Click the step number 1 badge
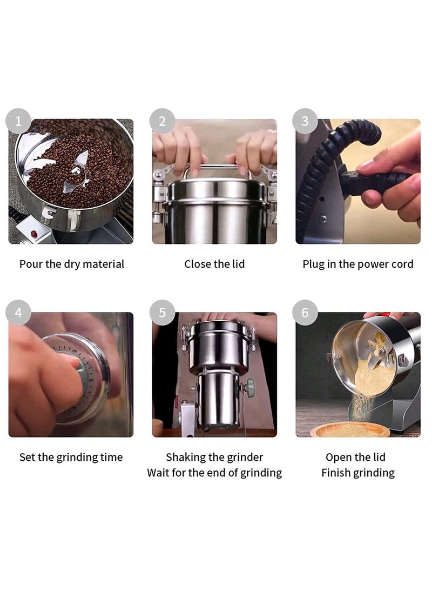click(x=18, y=121)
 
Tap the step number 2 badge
click(x=162, y=121)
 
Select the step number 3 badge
click(x=305, y=121)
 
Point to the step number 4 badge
click(x=18, y=313)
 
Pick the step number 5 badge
click(x=162, y=313)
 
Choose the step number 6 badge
click(x=305, y=313)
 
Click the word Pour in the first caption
click(x=31, y=264)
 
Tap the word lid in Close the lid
click(x=238, y=264)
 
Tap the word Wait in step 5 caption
click(x=158, y=473)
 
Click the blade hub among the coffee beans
click(x=76, y=171)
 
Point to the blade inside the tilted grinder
click(x=380, y=349)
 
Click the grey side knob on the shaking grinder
click(x=249, y=385)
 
